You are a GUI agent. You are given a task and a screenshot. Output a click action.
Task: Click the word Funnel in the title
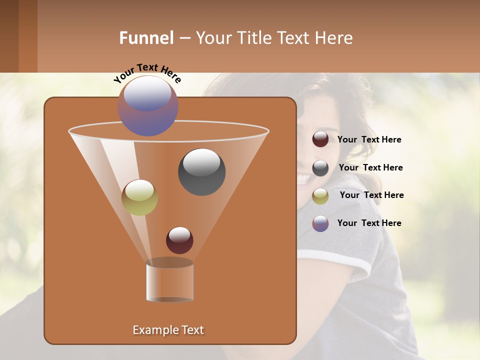coord(146,38)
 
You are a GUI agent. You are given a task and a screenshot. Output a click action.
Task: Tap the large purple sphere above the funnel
coord(148,105)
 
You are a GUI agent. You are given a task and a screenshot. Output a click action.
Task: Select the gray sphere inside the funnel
coord(201,172)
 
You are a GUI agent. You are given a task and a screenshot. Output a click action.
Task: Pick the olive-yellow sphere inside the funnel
coord(139,197)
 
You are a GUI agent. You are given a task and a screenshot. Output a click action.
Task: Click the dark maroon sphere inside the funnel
coord(179,240)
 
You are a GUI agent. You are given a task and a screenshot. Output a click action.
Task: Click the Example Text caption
coord(168,330)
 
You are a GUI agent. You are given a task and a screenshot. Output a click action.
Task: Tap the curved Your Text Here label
coord(147,73)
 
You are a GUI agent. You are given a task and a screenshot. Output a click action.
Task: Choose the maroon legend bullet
coord(320,139)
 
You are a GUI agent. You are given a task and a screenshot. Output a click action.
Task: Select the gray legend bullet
coord(320,167)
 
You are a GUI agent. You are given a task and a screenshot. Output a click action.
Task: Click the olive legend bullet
coord(320,195)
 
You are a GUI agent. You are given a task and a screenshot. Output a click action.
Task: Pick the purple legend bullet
coord(320,223)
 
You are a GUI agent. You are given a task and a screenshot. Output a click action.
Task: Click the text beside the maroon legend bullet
coord(369,139)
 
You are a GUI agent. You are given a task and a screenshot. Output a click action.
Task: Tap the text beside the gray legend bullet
coord(370,167)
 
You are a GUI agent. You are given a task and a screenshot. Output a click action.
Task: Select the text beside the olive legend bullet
coord(371,195)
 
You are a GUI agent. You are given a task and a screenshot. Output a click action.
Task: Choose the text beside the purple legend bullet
coord(369,223)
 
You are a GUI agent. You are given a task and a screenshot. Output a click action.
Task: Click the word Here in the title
coord(334,38)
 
